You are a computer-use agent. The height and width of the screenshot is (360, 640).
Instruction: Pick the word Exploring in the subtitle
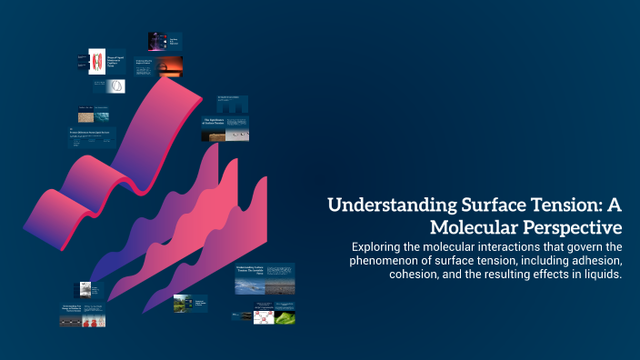(x=382, y=247)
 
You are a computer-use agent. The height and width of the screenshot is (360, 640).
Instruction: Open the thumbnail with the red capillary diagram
(x=97, y=62)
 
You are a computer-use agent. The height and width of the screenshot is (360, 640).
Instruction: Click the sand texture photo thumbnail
(x=86, y=117)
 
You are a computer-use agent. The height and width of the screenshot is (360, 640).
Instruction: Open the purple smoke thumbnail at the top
(x=157, y=41)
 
